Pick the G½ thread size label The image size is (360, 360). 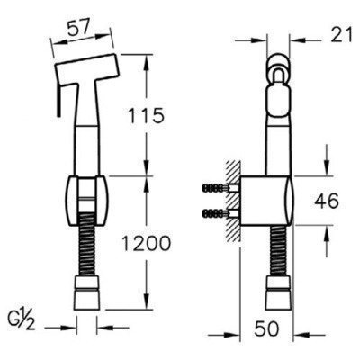tap(24, 318)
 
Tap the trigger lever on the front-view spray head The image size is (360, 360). tap(58, 94)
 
